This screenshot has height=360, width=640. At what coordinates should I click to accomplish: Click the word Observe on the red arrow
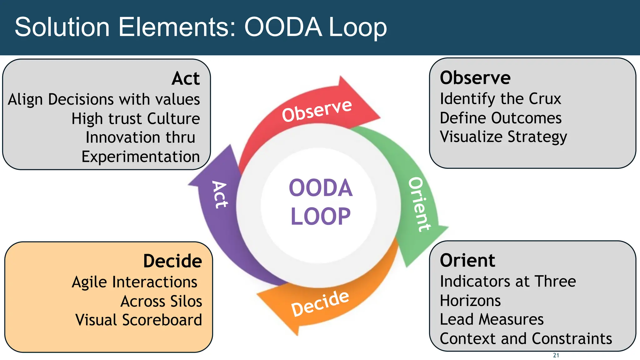(x=317, y=110)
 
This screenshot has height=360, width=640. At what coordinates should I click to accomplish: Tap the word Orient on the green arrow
(x=419, y=204)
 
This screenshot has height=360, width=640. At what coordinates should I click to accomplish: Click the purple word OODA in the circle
(x=320, y=188)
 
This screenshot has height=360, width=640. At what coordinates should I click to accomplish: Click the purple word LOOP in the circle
(x=320, y=216)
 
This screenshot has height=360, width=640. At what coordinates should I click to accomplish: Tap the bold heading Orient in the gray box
(x=467, y=260)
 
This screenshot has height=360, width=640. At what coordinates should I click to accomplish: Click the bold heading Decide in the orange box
(x=172, y=261)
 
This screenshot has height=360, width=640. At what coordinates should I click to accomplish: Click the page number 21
(x=556, y=355)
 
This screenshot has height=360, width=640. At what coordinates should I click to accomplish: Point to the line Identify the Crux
(x=500, y=99)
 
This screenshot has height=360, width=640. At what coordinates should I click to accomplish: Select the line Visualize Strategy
(x=503, y=137)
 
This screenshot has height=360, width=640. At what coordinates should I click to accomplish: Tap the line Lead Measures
(x=492, y=319)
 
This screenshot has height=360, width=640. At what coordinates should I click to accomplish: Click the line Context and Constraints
(x=526, y=338)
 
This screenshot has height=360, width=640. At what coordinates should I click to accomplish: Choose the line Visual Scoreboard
(x=139, y=320)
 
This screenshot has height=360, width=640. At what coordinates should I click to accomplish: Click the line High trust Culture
(x=136, y=119)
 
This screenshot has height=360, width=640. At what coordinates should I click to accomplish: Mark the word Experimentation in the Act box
(x=141, y=157)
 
